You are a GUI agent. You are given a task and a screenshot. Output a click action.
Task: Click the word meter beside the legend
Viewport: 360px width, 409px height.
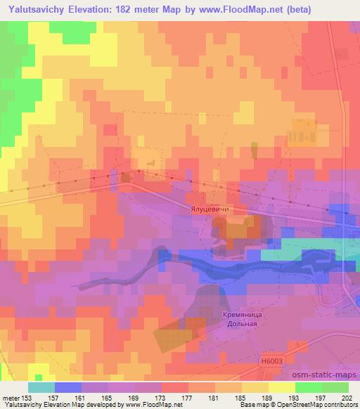tap(12, 398)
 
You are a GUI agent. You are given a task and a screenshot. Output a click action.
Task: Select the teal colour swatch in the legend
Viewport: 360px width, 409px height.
tap(41, 387)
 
